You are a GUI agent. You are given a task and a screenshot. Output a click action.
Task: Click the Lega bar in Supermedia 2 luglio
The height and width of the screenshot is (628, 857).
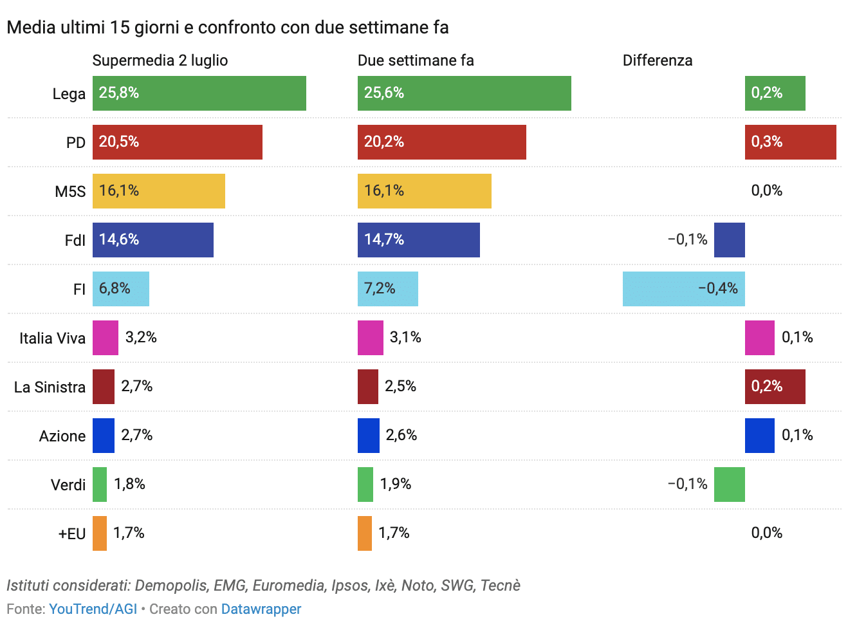pyautogui.click(x=199, y=93)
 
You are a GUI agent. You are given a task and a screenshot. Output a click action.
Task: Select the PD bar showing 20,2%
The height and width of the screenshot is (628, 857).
pyautogui.click(x=441, y=142)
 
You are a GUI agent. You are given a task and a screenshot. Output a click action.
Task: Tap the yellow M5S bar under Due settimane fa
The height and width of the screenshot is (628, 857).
pyautogui.click(x=424, y=191)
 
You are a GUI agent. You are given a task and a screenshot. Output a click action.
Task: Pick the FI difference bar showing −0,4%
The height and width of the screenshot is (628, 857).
pyautogui.click(x=683, y=289)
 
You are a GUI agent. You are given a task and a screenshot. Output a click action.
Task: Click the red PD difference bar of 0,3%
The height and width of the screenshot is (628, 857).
pyautogui.click(x=790, y=142)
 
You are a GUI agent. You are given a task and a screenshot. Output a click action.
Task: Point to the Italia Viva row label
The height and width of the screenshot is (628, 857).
pyautogui.click(x=52, y=338)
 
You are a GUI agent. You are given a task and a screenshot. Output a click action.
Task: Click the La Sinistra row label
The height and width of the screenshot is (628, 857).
pyautogui.click(x=50, y=387)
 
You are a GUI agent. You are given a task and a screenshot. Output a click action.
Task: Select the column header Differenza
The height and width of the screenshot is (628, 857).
pyautogui.click(x=658, y=60)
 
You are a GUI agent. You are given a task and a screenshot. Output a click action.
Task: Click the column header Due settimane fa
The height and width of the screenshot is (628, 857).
pyautogui.click(x=416, y=60)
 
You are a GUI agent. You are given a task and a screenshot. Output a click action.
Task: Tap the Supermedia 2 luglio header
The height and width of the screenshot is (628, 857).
pyautogui.click(x=160, y=60)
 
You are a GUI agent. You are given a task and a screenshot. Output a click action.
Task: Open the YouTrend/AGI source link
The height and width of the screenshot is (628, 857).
pyautogui.click(x=93, y=609)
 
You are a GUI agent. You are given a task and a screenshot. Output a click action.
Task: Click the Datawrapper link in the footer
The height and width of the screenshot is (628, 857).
pyautogui.click(x=261, y=609)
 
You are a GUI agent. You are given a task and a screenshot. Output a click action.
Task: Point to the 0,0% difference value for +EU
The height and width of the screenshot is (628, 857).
pyautogui.click(x=767, y=533)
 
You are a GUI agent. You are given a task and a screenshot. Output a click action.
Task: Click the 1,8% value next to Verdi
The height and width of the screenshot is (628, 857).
pyautogui.click(x=129, y=484)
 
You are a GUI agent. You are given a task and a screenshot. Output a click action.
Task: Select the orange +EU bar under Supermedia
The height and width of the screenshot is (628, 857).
pyautogui.click(x=100, y=533)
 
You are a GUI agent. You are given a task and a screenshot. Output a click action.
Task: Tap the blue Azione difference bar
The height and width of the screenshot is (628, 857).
pyautogui.click(x=759, y=436)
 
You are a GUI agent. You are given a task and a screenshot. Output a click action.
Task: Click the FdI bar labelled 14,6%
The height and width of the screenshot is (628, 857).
pyautogui.click(x=153, y=240)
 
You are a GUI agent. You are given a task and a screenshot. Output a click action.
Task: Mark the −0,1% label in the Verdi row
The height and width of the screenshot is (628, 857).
pyautogui.click(x=687, y=484)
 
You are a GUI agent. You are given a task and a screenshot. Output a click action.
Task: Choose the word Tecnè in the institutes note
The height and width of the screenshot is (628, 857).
pyautogui.click(x=500, y=586)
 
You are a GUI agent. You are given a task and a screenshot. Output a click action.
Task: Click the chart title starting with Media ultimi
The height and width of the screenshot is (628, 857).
pyautogui.click(x=228, y=28)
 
